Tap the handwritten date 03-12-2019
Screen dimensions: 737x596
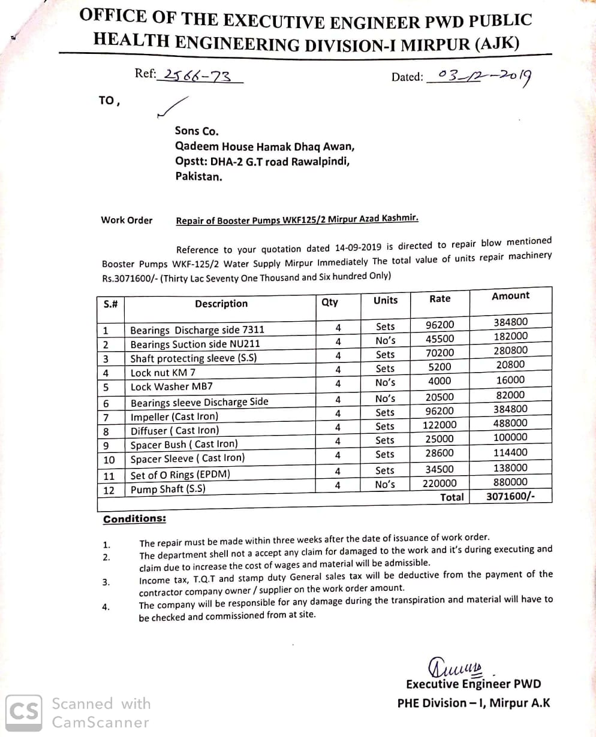[484, 75]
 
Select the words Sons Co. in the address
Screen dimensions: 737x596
[197, 131]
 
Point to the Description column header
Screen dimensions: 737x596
[221, 304]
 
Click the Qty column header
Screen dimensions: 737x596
[330, 302]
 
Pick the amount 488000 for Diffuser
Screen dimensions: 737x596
[510, 424]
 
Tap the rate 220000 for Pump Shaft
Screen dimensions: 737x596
[440, 484]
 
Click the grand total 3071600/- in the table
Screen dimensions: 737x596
[510, 496]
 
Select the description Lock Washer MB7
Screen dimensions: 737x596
[171, 386]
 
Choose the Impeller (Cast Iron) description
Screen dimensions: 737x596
[174, 416]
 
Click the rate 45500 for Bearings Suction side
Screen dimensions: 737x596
[440, 339]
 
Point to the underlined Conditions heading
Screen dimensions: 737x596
[134, 519]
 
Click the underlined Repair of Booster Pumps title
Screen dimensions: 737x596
[297, 219]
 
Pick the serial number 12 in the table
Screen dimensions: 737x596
[109, 490]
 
